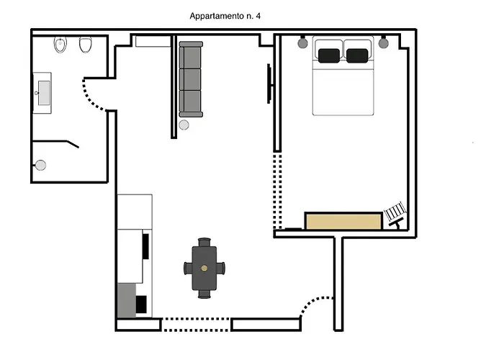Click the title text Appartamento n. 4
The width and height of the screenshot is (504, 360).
pos(225,16)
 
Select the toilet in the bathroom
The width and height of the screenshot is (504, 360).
pos(86,45)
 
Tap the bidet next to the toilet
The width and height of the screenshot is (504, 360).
pos(60,45)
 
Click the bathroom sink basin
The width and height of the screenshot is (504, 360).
pos(44,93)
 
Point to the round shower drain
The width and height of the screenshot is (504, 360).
pos(40,165)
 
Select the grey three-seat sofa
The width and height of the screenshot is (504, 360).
pos(191,79)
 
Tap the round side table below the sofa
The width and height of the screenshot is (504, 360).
pos(184,125)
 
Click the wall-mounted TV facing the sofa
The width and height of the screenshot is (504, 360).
pos(269,84)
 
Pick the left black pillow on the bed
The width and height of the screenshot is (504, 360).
pos(329,55)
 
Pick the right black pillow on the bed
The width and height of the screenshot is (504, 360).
pos(357,55)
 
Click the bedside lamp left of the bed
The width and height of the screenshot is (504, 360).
pos(302,42)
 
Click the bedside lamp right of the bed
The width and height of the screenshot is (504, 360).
pos(383,42)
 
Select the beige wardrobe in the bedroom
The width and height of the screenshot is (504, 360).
pos(343,221)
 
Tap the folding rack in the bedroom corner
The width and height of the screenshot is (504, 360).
pos(395,215)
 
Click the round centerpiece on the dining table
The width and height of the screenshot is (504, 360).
pos(204,268)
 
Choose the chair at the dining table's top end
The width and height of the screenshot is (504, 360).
pos(204,242)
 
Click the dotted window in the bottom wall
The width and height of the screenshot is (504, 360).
pos(196,325)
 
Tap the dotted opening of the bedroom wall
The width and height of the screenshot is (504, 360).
pos(277,191)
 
